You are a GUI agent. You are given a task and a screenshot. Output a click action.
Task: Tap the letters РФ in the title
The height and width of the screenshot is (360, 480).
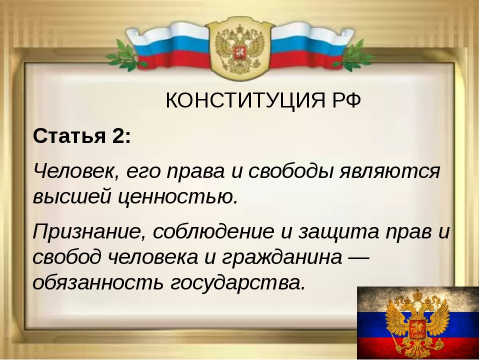[x=346, y=100]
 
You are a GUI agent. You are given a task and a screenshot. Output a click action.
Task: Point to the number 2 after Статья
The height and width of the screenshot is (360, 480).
[x=117, y=135]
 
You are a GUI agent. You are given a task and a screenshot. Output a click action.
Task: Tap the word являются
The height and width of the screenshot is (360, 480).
[x=389, y=171]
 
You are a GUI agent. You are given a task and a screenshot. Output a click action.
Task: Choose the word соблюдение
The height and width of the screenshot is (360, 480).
[x=213, y=231]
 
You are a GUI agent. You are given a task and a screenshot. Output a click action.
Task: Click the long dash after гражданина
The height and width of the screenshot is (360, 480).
[x=359, y=258]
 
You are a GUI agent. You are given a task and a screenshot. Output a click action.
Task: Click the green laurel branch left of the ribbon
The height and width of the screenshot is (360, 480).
[x=124, y=55]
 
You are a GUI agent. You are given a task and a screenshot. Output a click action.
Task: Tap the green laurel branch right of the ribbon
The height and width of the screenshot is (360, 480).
[x=356, y=55]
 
